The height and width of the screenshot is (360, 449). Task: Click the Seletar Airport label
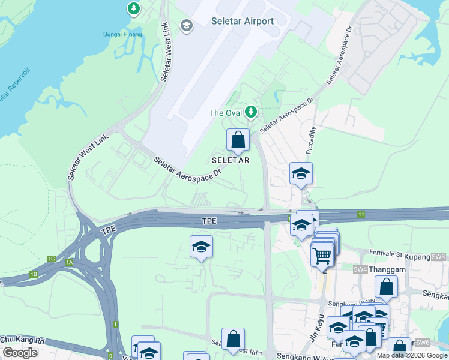click(243, 21)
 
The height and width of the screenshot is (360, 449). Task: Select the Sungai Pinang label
click(122, 34)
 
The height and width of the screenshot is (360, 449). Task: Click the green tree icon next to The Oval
click(250, 112)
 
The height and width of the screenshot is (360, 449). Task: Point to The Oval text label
click(225, 112)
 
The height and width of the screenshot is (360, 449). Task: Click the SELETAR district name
click(231, 160)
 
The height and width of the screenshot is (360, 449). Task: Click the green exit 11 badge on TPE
click(361, 214)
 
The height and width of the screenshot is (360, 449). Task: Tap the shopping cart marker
click(322, 256)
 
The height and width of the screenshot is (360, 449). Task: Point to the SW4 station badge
click(360, 269)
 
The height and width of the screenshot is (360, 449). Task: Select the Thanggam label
click(387, 269)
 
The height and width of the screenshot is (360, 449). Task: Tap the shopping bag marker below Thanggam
click(386, 287)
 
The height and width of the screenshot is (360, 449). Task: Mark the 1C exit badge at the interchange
click(51, 259)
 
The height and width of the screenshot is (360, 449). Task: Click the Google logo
click(20, 353)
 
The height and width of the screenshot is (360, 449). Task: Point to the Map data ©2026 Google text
click(411, 355)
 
